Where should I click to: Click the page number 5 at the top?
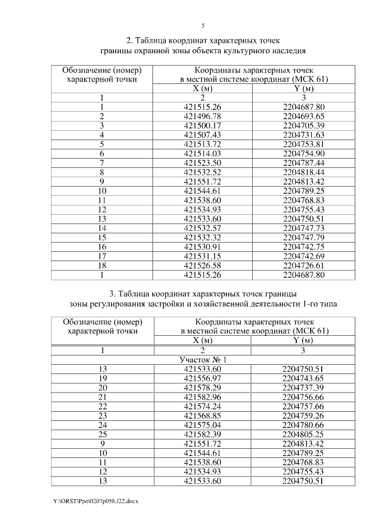pos(203,25)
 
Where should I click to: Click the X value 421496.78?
pos(203,116)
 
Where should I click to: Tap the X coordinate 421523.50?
pos(203,163)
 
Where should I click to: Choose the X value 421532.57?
pos(203,229)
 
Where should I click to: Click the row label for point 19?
pos(103,378)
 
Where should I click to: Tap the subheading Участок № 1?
pos(203,359)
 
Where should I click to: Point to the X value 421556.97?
pos(203,378)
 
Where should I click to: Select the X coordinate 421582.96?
pos(203,397)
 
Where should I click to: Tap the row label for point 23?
pos(103,415)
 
